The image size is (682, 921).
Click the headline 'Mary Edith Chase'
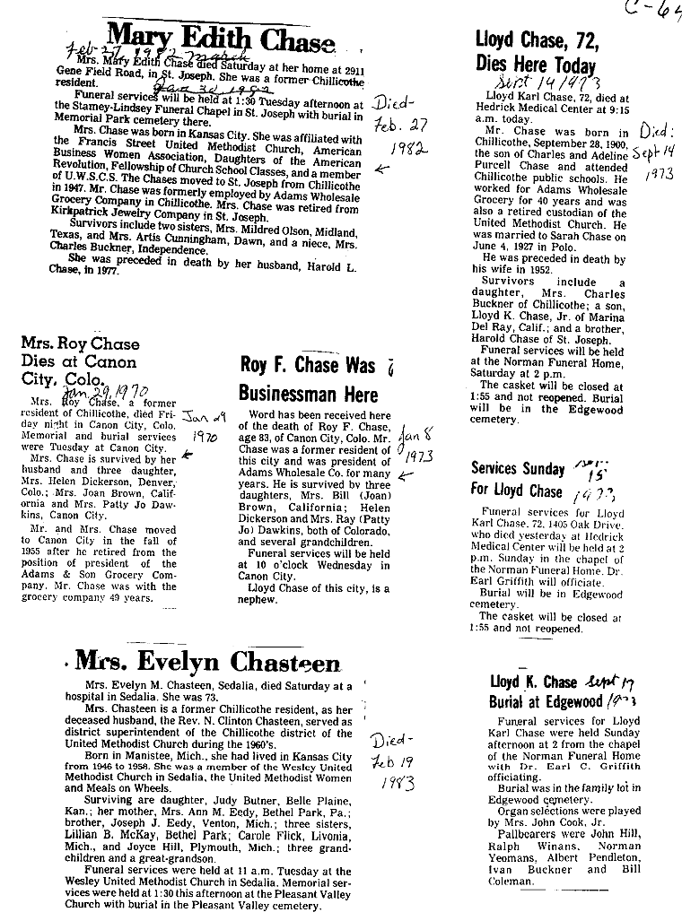click(x=221, y=39)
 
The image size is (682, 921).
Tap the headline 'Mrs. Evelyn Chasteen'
click(x=208, y=662)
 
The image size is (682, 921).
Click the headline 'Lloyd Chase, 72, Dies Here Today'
click(x=536, y=53)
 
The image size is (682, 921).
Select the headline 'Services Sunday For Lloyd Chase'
click(x=518, y=479)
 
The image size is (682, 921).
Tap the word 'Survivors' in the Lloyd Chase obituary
click(x=508, y=281)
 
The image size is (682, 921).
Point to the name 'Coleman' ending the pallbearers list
click(x=511, y=881)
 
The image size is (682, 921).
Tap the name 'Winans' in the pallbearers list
click(x=552, y=846)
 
